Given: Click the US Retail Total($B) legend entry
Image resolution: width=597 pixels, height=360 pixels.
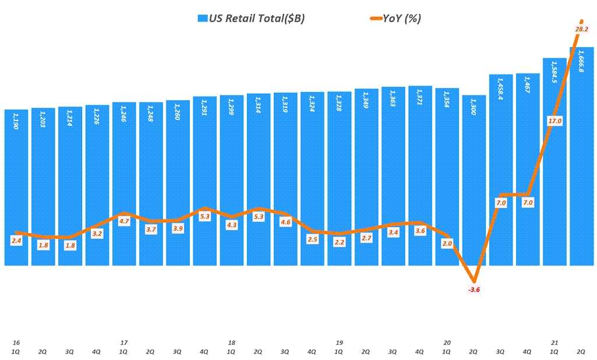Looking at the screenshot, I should (251, 19).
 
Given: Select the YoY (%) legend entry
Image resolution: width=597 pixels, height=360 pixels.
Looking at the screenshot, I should (395, 19).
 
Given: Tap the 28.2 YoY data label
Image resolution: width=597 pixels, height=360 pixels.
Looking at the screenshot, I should (582, 29).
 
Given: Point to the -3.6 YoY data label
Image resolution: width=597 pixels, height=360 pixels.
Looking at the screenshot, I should (474, 290).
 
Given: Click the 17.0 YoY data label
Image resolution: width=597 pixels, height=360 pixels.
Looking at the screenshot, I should (555, 121).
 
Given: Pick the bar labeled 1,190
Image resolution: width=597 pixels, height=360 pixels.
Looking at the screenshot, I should (16, 186).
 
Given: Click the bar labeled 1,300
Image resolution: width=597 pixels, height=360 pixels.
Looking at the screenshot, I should (474, 181).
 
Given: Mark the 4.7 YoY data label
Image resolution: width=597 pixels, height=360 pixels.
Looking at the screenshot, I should (124, 221).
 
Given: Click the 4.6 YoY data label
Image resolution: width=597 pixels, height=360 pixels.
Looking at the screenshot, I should (285, 222).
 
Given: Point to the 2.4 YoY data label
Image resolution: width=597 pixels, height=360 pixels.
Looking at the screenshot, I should (16, 241).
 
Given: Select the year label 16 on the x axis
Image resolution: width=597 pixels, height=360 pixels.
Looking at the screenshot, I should (16, 343).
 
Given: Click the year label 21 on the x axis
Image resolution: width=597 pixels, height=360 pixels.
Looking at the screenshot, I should (554, 343).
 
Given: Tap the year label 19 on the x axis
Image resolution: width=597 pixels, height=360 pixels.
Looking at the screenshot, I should (339, 343).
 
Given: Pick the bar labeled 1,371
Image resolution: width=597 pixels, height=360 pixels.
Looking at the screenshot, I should (420, 175).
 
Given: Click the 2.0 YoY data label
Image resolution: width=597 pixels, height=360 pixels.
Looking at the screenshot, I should (447, 244).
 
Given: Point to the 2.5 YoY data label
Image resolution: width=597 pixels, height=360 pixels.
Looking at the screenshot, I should (312, 239).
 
